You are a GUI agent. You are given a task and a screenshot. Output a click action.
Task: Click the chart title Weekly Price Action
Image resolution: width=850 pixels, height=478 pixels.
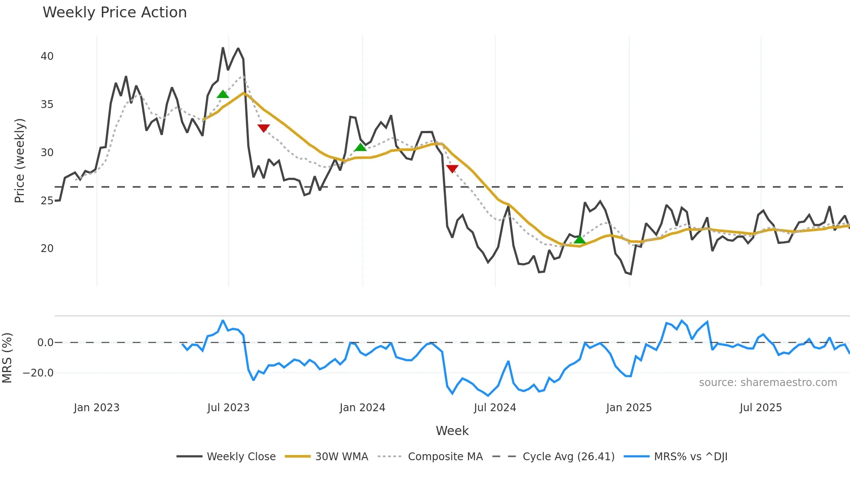(114, 13)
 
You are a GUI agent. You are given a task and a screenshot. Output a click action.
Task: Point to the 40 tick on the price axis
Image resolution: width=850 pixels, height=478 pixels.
(47, 56)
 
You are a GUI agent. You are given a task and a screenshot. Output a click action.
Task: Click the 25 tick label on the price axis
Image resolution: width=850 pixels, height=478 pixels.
(47, 201)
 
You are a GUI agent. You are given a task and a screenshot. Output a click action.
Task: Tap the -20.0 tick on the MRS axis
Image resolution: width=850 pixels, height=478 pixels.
(38, 373)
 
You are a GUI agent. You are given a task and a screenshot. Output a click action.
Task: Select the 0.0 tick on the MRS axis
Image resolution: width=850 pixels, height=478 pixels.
(45, 343)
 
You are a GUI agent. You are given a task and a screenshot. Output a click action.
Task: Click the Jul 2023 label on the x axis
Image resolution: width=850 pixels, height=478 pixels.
(228, 408)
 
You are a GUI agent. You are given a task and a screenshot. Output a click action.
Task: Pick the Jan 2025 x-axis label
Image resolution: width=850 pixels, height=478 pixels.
(628, 408)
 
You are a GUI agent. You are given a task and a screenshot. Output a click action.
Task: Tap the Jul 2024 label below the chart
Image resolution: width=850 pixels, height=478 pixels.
(495, 408)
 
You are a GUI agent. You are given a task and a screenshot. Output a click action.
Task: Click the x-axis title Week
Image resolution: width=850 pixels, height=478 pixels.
(452, 431)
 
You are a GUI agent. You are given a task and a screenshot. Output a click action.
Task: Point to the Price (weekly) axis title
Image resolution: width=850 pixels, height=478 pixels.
(20, 160)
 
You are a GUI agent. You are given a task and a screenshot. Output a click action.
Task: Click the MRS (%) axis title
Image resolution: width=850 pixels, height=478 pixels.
(7, 358)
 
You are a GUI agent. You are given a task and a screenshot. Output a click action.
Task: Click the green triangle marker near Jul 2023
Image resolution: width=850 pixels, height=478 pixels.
(222, 95)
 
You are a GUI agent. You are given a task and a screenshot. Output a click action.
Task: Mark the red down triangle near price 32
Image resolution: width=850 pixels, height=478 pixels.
(263, 128)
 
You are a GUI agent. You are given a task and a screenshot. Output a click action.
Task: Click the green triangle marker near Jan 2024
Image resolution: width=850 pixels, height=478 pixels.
(360, 147)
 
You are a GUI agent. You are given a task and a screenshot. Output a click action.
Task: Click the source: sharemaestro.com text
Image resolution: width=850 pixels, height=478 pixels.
(768, 383)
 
